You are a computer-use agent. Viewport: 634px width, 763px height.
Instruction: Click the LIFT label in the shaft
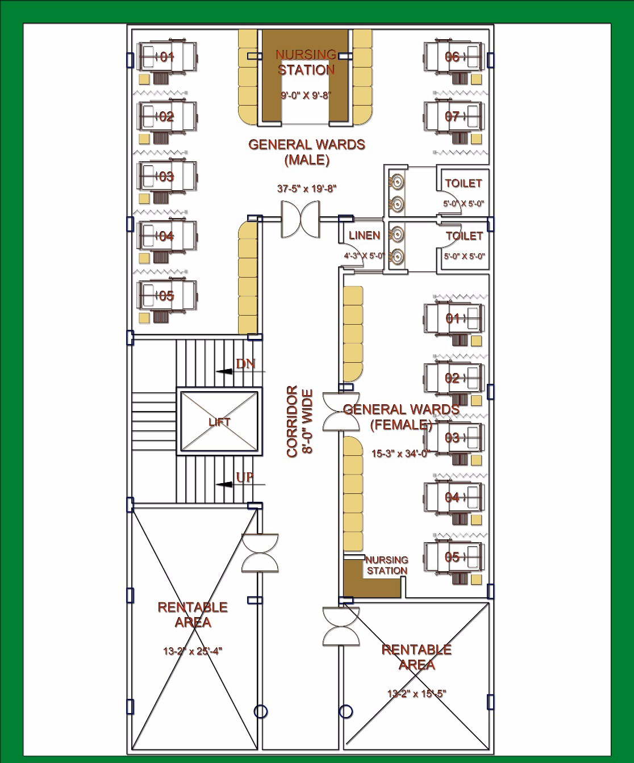pyautogui.click(x=219, y=422)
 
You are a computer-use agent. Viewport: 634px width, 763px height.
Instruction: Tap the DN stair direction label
pyautogui.click(x=245, y=364)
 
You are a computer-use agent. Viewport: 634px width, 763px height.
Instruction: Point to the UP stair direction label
pyautogui.click(x=244, y=477)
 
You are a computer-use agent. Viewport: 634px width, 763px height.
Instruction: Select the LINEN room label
pyautogui.click(x=365, y=236)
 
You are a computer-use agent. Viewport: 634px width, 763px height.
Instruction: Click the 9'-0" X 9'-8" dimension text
pyautogui.click(x=306, y=95)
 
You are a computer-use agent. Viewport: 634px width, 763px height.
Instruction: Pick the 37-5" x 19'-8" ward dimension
pyautogui.click(x=307, y=188)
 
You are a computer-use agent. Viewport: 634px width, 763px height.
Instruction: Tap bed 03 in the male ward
pyautogui.click(x=166, y=177)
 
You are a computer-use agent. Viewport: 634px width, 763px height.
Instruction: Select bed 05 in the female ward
pyautogui.click(x=454, y=557)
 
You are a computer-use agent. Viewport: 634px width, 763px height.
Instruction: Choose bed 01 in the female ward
pyautogui.click(x=454, y=318)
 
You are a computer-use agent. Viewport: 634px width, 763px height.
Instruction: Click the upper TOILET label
pyautogui.click(x=464, y=183)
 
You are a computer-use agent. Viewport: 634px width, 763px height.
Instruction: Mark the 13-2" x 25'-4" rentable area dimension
pyautogui.click(x=193, y=651)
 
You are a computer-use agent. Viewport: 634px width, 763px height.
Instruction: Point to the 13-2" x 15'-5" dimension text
pyautogui.click(x=416, y=693)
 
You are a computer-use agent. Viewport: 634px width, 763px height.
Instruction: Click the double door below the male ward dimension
pyautogui.click(x=300, y=219)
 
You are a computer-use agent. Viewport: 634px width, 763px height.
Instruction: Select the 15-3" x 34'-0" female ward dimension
pyautogui.click(x=401, y=454)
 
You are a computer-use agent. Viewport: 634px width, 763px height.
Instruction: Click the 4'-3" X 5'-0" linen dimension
pyautogui.click(x=364, y=256)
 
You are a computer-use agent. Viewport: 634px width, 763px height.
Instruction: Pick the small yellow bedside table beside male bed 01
pyautogui.click(x=144, y=79)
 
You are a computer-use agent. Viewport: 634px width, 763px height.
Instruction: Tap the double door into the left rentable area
pyautogui.click(x=260, y=553)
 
